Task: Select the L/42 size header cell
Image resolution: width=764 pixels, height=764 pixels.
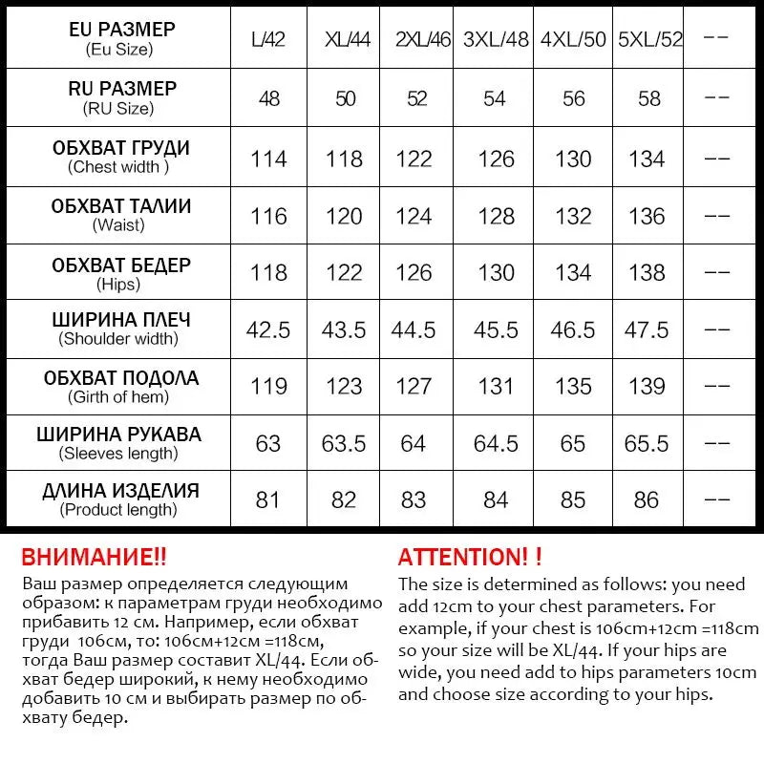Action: (x=268, y=40)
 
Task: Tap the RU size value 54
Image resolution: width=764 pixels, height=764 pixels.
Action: (x=495, y=98)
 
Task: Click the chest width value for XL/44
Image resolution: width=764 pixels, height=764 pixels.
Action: (x=343, y=159)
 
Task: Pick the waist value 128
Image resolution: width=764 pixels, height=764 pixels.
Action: (x=495, y=216)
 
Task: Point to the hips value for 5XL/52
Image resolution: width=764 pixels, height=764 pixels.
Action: (x=647, y=273)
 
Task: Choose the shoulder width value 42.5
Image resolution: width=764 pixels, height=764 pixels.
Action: (x=268, y=329)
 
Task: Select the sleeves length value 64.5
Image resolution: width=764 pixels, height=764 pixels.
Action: (x=495, y=443)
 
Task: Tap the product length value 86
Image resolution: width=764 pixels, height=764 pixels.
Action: (x=647, y=499)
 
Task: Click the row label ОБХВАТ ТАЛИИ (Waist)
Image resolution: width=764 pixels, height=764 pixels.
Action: (x=120, y=215)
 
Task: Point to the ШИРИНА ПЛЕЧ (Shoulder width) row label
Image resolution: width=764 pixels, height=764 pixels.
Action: (x=120, y=329)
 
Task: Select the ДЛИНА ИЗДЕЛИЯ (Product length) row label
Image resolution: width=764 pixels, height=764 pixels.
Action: (x=120, y=499)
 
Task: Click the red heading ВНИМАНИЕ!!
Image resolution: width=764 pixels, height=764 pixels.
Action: (x=94, y=556)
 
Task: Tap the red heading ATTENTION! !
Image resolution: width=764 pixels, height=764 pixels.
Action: (x=470, y=556)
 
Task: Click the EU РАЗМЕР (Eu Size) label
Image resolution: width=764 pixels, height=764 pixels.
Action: (x=120, y=39)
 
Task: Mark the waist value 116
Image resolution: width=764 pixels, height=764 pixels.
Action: (x=268, y=216)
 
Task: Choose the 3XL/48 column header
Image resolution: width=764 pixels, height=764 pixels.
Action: (x=495, y=40)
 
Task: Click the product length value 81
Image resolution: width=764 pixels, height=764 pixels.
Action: (x=268, y=499)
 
